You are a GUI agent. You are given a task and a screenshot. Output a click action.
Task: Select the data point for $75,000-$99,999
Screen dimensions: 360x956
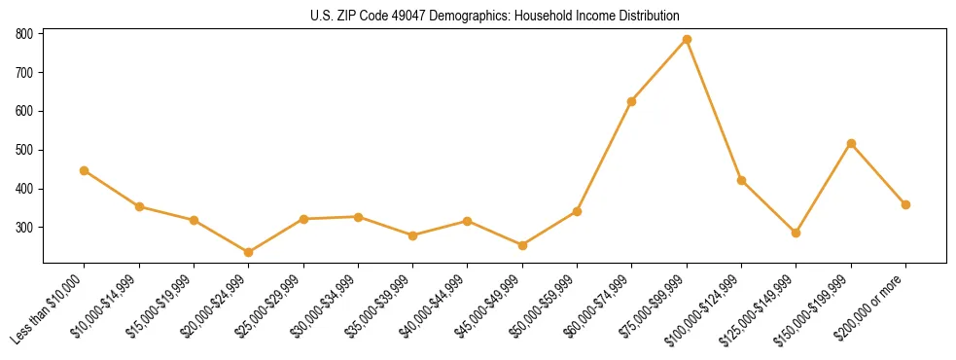point(687,39)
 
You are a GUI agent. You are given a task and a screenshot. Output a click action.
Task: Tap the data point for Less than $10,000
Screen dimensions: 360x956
point(85,170)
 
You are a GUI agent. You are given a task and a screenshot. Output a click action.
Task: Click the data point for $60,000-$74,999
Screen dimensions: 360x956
point(632,101)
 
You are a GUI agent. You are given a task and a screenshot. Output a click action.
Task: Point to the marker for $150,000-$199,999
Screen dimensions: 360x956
point(851,143)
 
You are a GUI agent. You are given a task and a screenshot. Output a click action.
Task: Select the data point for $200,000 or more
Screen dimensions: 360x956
point(905,204)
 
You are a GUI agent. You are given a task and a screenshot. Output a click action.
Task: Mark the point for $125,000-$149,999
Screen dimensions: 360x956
point(797,233)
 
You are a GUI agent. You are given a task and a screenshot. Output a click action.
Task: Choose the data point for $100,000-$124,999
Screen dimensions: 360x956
point(741,180)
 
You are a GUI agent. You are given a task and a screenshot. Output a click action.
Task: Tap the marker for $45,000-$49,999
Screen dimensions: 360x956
point(522,245)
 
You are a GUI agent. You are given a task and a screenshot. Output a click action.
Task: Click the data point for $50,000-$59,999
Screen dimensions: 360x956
point(577,211)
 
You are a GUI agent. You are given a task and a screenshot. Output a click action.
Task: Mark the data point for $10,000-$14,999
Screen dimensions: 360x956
point(139,206)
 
